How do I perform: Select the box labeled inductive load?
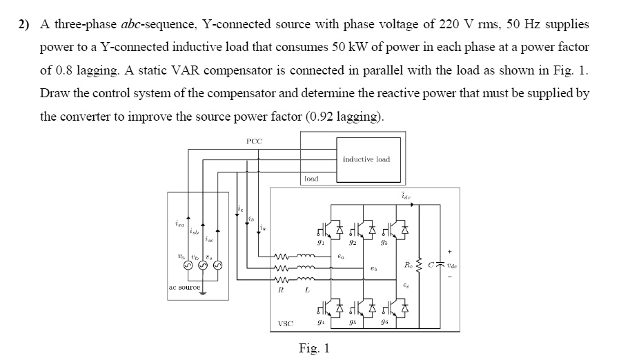[x=366, y=159]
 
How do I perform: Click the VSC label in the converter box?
[x=285, y=323]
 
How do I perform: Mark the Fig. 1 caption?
[x=314, y=348]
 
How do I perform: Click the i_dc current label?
[x=406, y=197]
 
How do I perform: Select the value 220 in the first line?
[x=458, y=25]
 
